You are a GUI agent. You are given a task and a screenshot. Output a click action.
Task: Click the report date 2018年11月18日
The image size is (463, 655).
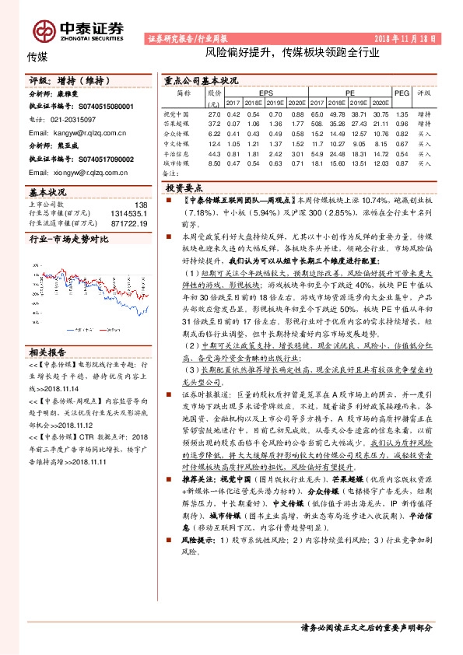[406, 37]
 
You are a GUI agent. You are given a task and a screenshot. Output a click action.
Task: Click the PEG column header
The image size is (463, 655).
[402, 92]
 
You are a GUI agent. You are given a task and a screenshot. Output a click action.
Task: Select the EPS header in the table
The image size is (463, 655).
[266, 92]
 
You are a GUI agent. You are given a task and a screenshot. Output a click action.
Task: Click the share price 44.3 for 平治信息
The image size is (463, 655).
[215, 153]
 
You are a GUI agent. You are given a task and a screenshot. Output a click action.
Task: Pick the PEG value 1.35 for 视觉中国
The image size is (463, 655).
[402, 114]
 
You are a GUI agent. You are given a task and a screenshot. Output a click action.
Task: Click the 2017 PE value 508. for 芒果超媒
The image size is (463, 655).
[317, 124]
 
